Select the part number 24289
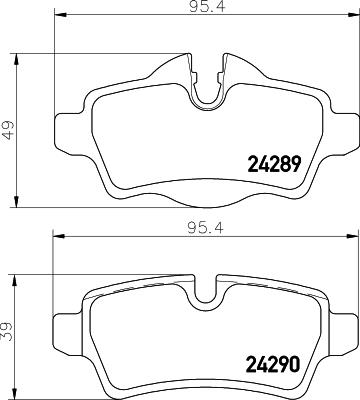tap(273, 163)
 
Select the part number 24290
tap(273, 364)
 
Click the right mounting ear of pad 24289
tap(341, 126)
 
